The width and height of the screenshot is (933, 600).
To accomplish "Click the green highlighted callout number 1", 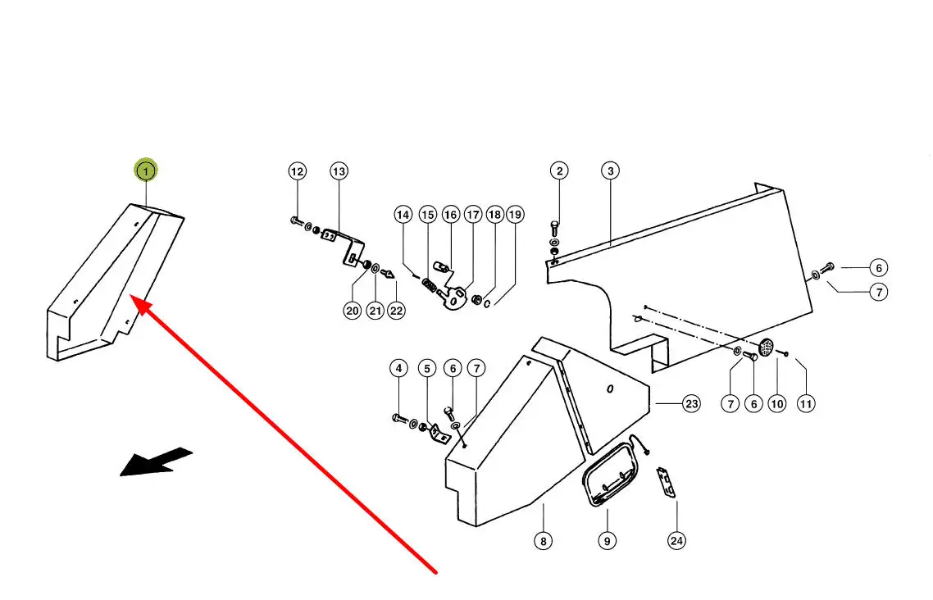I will [x=146, y=171].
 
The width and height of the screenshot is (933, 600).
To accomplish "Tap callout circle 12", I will [x=297, y=171].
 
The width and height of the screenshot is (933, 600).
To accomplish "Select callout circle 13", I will [x=339, y=171].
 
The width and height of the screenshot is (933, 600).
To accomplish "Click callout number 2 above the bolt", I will [x=559, y=171].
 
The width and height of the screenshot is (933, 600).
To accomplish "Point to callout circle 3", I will [x=610, y=171].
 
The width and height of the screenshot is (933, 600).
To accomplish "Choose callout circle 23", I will [x=692, y=403].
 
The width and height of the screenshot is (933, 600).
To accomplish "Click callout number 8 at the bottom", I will [x=543, y=540].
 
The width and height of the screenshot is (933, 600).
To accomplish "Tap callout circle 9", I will [x=608, y=540].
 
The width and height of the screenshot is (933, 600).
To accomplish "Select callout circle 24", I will [x=676, y=540].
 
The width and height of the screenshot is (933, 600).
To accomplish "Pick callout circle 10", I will [x=777, y=403].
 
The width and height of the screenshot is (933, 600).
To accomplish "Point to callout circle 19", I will [x=514, y=215].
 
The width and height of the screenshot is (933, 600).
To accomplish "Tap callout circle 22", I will [x=397, y=311].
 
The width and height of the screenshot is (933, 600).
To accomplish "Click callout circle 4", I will [x=398, y=369].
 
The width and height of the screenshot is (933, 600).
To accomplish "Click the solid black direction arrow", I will [x=156, y=461].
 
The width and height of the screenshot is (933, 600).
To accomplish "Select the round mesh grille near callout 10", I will [x=768, y=348].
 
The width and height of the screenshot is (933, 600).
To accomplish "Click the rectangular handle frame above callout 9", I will [x=608, y=475].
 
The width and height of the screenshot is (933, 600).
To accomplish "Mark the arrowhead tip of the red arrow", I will [x=134, y=301].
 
